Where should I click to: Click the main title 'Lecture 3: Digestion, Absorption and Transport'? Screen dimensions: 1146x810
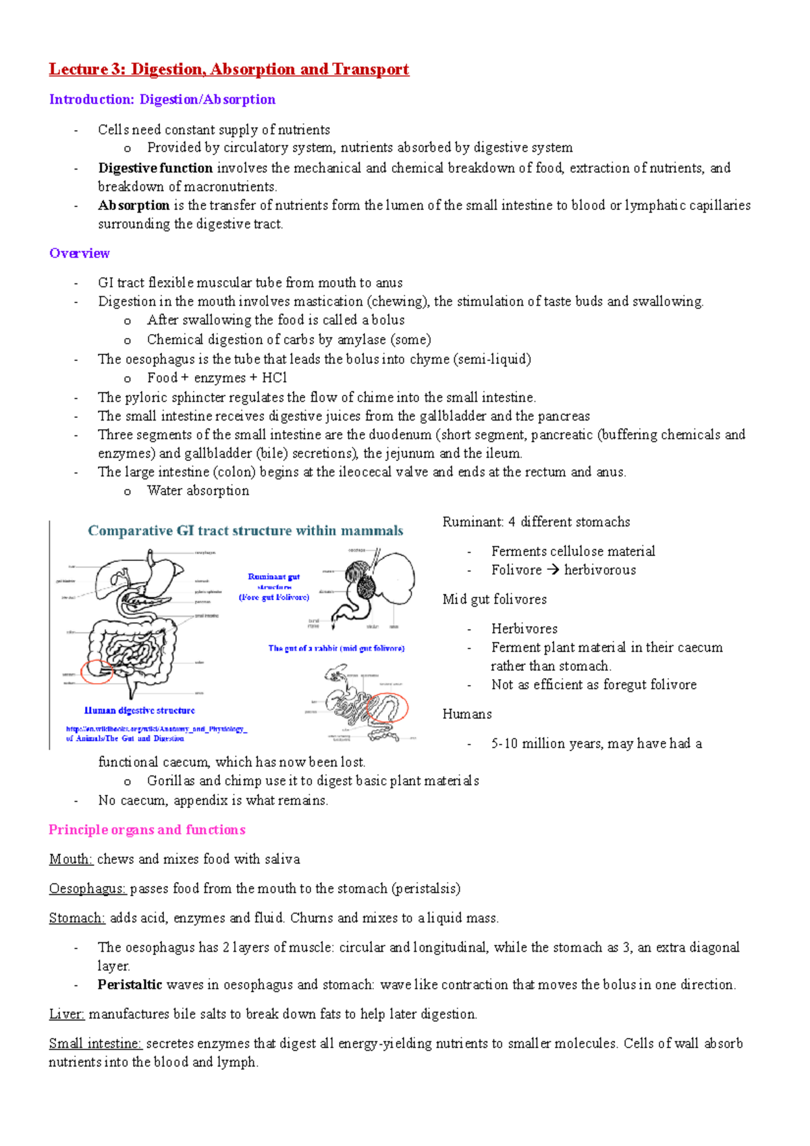[229, 70]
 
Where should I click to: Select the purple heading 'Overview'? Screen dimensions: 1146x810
[79, 254]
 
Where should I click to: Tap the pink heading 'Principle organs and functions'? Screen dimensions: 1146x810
[146, 829]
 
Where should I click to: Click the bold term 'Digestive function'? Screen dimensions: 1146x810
[155, 168]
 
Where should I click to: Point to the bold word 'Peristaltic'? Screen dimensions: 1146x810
[130, 985]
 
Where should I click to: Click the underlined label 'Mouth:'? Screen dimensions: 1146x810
[71, 859]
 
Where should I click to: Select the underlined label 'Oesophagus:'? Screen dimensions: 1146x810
[87, 889]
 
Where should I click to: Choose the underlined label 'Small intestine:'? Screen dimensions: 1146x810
[95, 1043]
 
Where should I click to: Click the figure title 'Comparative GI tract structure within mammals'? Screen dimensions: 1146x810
[245, 531]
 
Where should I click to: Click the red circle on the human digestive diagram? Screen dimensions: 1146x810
[97, 672]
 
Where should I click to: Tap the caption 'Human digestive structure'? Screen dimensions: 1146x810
[139, 711]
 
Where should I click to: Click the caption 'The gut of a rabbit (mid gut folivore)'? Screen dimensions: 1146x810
[336, 649]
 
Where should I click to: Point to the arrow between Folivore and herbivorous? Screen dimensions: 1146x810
[553, 570]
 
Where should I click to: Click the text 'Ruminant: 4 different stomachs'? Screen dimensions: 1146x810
[536, 522]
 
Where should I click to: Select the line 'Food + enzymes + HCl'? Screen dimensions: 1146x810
[217, 378]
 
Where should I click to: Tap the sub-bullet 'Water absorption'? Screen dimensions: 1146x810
[198, 491]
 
